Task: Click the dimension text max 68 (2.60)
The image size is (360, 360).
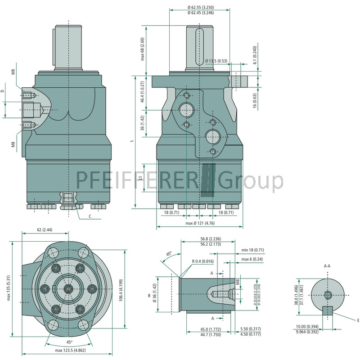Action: pyautogui.click(x=143, y=49)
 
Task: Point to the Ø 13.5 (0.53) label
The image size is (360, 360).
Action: pyautogui.click(x=216, y=60)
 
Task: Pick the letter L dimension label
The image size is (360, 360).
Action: pyautogui.click(x=132, y=141)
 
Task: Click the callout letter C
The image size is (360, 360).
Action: pyautogui.click(x=90, y=216)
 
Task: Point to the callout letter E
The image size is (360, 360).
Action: pyautogui.click(x=358, y=320)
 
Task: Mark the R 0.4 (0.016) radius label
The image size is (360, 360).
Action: pyautogui.click(x=202, y=261)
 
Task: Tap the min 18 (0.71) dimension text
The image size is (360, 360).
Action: pyautogui.click(x=252, y=250)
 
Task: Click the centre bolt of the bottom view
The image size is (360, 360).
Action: pyautogui.click(x=68, y=288)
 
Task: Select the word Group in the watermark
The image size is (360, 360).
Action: pyautogui.click(x=251, y=180)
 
